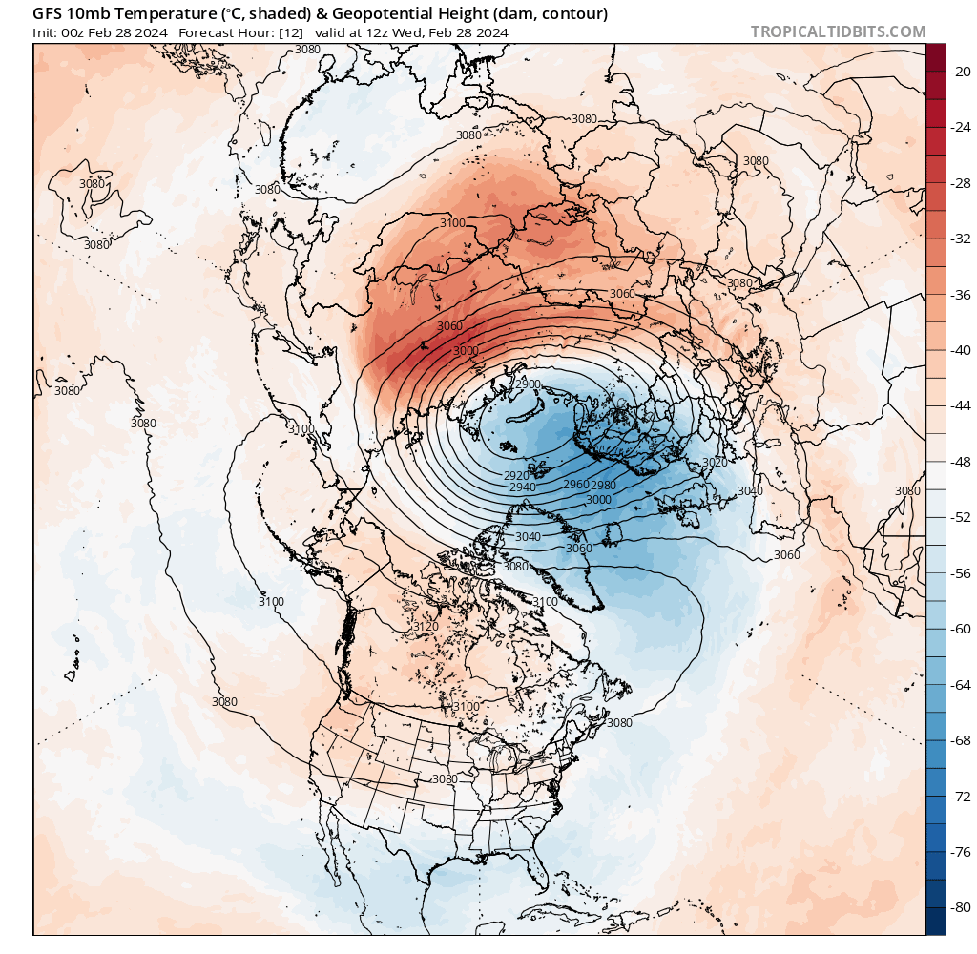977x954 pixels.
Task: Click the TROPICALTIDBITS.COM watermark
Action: click(838, 31)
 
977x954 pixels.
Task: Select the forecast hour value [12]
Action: click(292, 32)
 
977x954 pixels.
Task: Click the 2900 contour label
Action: click(526, 384)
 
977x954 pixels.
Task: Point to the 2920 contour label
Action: click(516, 474)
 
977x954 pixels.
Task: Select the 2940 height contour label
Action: click(523, 487)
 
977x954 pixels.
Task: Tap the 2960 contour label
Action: click(576, 485)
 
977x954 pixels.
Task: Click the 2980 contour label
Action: click(603, 486)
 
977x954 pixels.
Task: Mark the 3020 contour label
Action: click(714, 462)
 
